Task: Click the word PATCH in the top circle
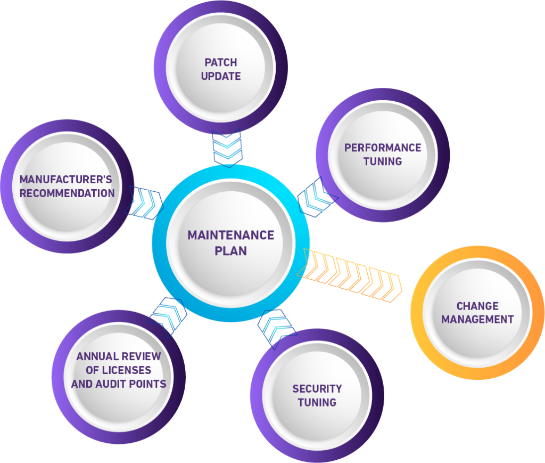coord(221,63)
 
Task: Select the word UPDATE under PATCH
coord(221,76)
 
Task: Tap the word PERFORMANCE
coord(383,148)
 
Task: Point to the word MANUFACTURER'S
coord(66,180)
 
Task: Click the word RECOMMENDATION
coord(67,193)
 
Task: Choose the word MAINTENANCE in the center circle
coord(231,235)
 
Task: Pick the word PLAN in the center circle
coord(231,250)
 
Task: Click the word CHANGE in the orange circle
coord(477,306)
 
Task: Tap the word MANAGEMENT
coord(477,320)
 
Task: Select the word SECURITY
coord(317,388)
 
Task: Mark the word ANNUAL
coord(97,356)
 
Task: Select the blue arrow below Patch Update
coord(227,148)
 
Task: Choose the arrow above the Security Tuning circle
coord(277,328)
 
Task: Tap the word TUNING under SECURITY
coord(317,402)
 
